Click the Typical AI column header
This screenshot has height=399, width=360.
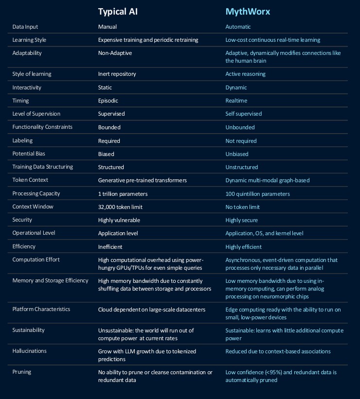118,12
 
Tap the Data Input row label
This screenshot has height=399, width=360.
25,27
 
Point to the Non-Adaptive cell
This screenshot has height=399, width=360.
115,53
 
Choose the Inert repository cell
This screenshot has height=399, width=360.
117,74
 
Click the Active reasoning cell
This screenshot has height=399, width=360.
245,74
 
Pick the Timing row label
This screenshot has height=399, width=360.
20,101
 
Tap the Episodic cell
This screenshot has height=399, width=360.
108,101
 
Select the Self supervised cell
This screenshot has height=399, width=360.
243,114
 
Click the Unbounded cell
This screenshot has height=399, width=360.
239,127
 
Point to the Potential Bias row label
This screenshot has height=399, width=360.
29,154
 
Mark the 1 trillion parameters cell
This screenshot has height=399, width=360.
123,193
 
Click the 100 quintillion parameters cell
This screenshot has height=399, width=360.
257,193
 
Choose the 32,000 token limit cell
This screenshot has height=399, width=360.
121,207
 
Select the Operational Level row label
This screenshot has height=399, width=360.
34,233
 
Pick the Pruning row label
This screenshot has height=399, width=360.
21,372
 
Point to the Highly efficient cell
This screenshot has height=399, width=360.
243,246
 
